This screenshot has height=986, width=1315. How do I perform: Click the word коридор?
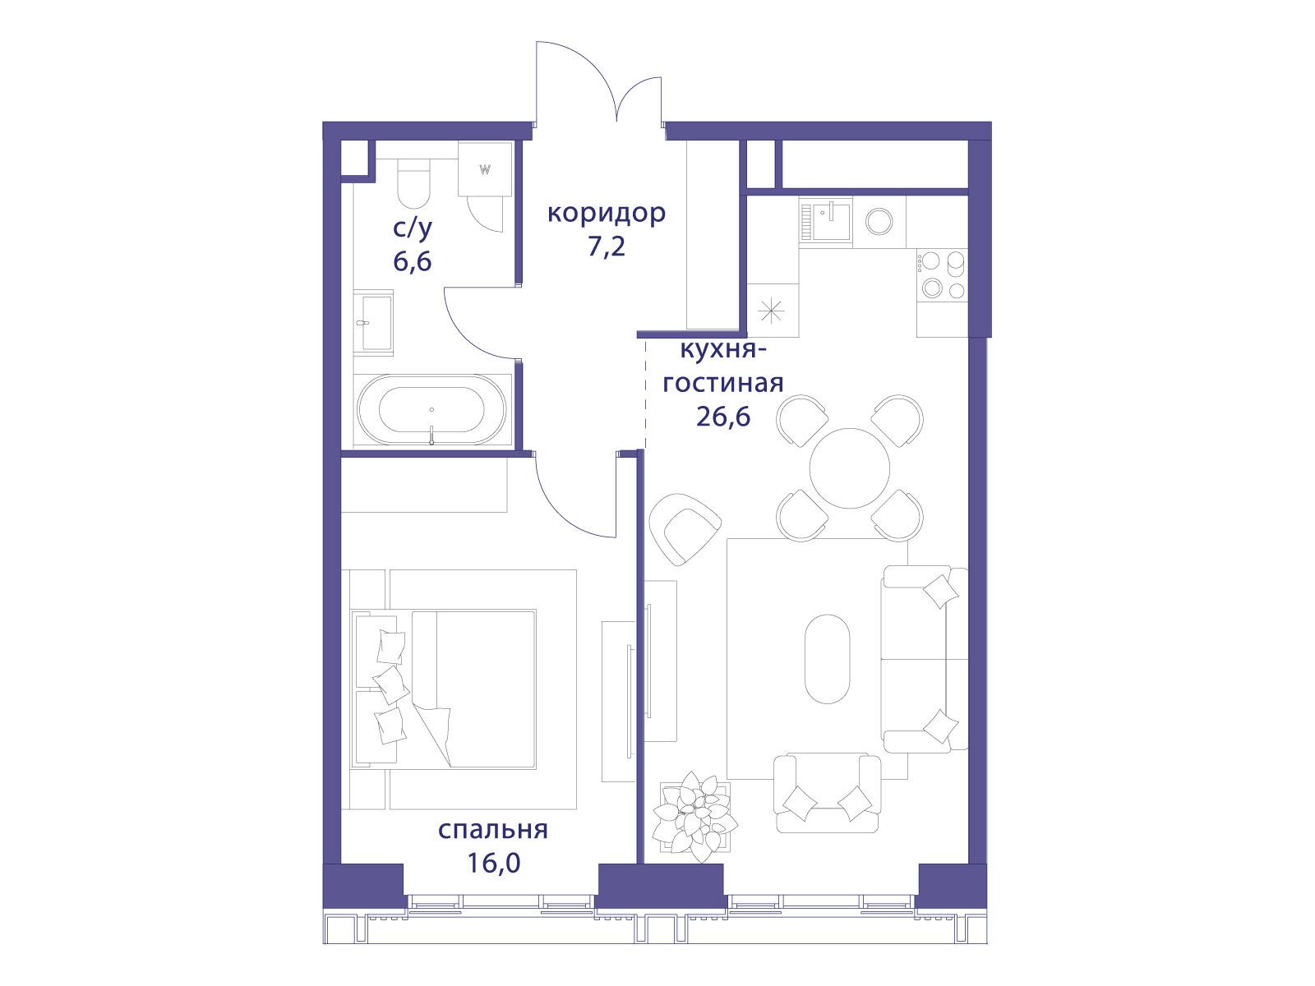point(607,214)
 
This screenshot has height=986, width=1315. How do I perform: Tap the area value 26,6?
point(723,416)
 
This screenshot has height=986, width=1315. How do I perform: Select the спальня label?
point(493,831)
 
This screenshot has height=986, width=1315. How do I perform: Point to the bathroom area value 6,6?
point(413,261)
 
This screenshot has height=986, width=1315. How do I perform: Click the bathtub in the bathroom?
point(431,409)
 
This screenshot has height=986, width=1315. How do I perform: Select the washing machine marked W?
point(485,168)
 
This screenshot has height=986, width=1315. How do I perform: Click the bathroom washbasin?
point(372,323)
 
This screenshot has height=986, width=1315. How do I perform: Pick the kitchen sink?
point(825,222)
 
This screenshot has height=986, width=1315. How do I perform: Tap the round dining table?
point(850,468)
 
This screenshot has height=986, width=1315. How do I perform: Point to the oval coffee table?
point(828,658)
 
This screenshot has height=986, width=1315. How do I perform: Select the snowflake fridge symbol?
point(772,311)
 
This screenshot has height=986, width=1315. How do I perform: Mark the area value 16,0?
point(494,863)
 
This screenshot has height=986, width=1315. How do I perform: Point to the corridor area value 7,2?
point(607,246)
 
